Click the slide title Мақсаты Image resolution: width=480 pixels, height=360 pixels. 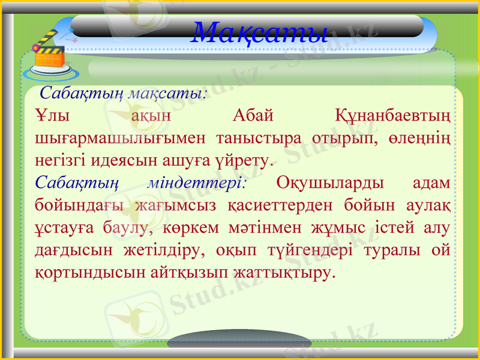[260, 31]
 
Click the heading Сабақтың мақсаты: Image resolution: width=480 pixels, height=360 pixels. [124, 94]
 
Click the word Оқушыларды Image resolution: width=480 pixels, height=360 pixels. [331, 183]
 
